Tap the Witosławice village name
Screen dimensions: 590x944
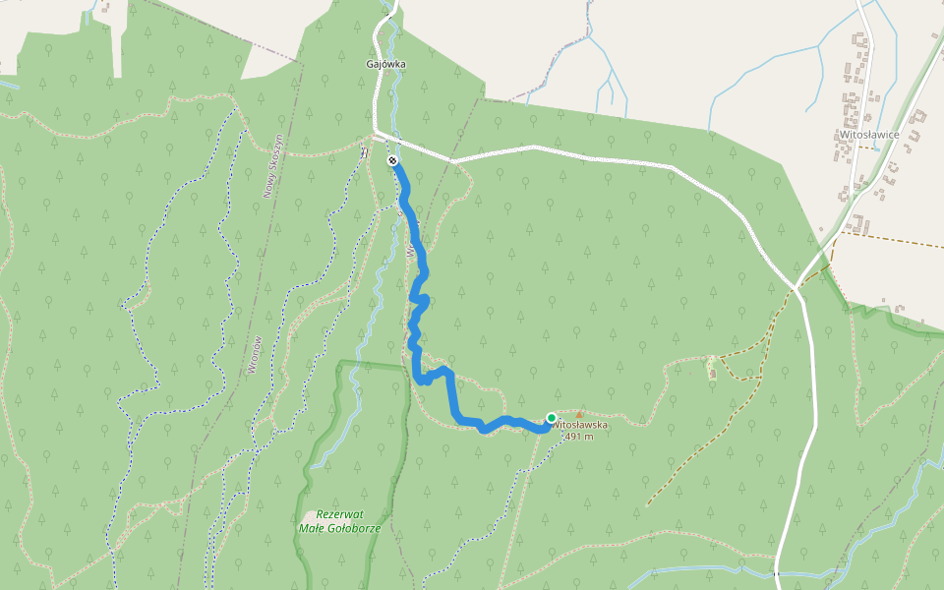(865, 134)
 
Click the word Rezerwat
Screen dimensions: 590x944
(341, 515)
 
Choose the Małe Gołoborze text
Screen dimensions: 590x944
(338, 528)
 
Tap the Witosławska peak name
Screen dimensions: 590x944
(580, 425)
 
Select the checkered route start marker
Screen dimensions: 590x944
(392, 159)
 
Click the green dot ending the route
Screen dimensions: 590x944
(552, 418)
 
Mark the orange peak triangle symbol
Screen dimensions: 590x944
(578, 414)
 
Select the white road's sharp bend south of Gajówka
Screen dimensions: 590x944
(376, 131)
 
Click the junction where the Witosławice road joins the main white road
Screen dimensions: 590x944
(796, 286)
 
